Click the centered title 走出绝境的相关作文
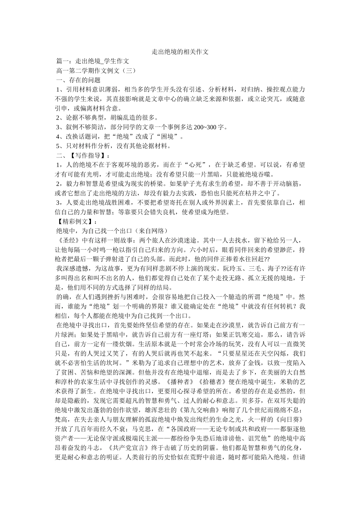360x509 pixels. (x=180, y=52)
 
